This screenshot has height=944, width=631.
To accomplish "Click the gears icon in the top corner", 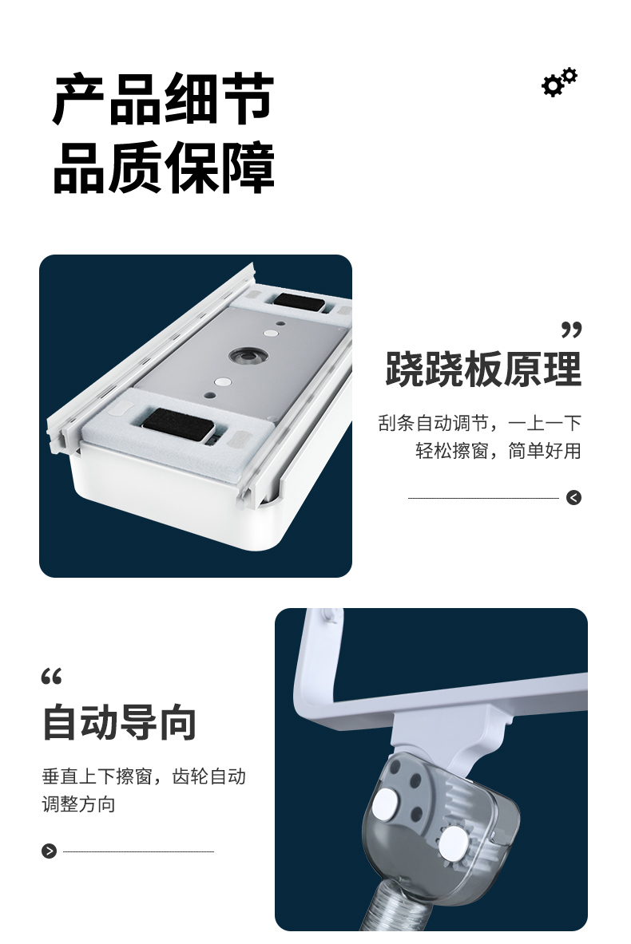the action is (x=559, y=82).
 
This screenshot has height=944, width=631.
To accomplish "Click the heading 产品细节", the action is (x=163, y=99).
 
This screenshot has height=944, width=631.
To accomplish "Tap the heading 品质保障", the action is (x=163, y=168).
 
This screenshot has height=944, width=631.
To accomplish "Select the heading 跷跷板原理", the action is (x=483, y=369).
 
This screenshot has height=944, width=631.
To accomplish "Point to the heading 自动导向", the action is (x=119, y=722).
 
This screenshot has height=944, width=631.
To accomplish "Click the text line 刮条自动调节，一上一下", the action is (x=480, y=423).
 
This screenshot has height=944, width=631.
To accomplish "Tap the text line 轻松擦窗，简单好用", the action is (x=498, y=450).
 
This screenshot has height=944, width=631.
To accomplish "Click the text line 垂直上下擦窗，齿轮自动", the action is (x=144, y=776).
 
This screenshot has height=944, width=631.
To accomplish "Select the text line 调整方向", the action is (x=78, y=804).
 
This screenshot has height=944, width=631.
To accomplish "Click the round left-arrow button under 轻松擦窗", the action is (x=573, y=497).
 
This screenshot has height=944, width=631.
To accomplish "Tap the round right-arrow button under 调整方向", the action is (x=50, y=851).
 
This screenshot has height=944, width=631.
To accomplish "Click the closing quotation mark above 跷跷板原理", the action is (x=571, y=330).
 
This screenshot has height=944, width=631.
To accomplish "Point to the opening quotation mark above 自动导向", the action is (x=52, y=677).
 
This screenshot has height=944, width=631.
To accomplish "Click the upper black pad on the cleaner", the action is (x=298, y=302).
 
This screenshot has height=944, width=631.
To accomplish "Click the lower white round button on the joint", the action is (x=453, y=842).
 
